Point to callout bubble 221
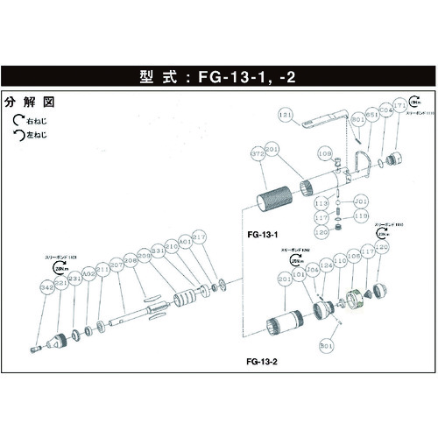(x=61, y=282)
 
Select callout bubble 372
(x=258, y=153)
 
